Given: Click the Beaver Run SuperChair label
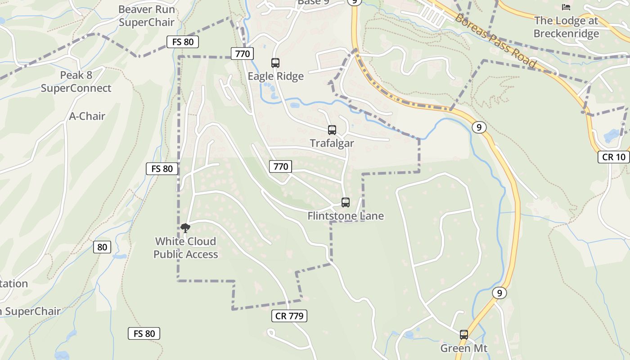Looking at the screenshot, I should [146, 16].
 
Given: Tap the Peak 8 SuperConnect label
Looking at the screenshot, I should [76, 81].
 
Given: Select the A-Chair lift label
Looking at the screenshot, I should [87, 116].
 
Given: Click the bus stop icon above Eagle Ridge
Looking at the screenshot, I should [275, 63].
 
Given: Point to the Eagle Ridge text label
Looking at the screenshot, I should [276, 76].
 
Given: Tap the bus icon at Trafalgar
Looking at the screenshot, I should [332, 130].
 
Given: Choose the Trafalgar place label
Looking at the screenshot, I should [332, 144].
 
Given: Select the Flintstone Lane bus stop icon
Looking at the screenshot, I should [346, 202].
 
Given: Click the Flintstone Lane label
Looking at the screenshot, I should [346, 216].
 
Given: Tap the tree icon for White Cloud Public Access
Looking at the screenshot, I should [185, 228].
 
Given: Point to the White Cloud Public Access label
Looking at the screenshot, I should [185, 248].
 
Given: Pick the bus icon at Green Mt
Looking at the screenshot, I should [464, 335].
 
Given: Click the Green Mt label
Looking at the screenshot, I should [464, 348].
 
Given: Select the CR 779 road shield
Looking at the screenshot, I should [289, 316].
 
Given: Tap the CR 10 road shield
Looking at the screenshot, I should [614, 157].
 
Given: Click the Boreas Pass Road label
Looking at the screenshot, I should [495, 41].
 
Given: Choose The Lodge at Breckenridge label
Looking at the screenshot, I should [566, 27].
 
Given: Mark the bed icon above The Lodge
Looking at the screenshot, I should [566, 7].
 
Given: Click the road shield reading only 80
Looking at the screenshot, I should [102, 247].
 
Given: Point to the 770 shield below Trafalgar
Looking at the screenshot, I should [280, 166].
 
